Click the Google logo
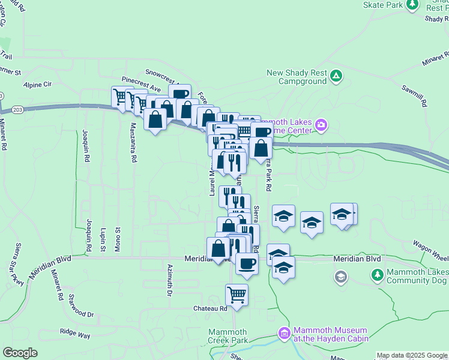coord(20,353)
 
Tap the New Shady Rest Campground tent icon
coord(336,76)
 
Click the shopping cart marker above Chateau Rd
coord(237,295)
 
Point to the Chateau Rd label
coord(210,308)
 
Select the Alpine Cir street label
coord(38,85)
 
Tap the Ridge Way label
coord(75,331)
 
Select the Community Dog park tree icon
coord(378,275)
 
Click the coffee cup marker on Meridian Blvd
coord(246,263)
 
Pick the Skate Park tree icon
coord(412,5)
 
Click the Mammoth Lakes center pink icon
coord(321,125)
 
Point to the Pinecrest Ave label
coord(141,85)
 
